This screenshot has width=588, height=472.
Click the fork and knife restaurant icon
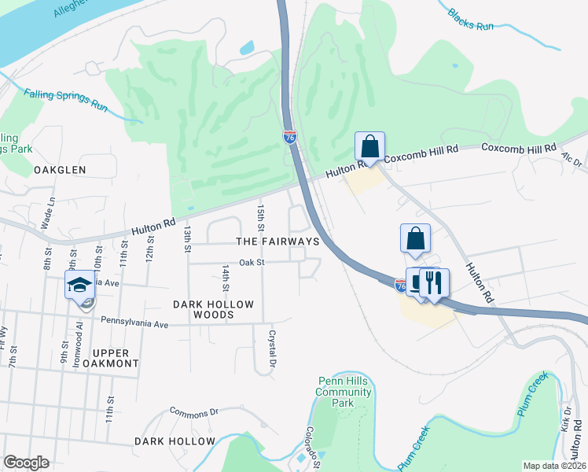(434, 282)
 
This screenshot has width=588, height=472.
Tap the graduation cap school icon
(79, 285)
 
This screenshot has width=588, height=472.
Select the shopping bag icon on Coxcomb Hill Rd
(369, 146)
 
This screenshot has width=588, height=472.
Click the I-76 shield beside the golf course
(289, 137)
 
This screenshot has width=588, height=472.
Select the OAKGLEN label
(53, 170)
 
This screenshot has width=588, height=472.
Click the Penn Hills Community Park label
(342, 391)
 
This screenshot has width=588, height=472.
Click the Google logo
(26, 463)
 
